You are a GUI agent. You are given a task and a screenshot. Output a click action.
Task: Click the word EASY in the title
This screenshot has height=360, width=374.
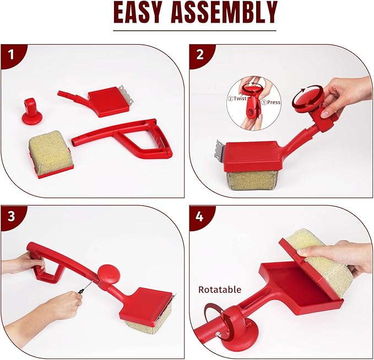(139, 12)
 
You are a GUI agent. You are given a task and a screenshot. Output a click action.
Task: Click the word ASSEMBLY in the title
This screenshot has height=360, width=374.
(224, 12)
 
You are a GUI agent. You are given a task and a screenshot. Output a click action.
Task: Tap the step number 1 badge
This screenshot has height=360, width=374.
(11, 54)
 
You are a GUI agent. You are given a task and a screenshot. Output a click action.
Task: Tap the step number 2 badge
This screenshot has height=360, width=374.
(200, 54)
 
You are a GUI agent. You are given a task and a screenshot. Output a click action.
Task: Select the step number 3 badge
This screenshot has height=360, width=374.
(11, 216)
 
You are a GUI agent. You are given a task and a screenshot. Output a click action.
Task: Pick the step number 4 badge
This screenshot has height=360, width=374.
(199, 216)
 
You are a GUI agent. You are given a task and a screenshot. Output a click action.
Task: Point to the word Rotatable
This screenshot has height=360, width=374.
(220, 290)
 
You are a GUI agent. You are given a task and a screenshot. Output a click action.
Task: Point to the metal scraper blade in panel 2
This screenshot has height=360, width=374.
(221, 150)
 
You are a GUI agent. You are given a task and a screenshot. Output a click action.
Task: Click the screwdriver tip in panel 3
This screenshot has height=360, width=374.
(91, 283)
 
